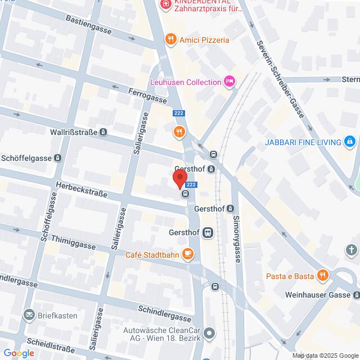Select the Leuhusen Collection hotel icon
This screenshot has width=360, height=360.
point(229,82)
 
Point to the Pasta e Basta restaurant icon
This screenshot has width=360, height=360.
point(322,276)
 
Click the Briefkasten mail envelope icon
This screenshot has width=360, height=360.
point(28,316)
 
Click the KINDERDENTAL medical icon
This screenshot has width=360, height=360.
point(165,5)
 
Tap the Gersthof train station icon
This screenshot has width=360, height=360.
point(208,232)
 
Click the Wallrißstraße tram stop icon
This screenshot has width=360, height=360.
point(103,133)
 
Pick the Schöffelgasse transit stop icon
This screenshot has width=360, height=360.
point(57,158)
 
